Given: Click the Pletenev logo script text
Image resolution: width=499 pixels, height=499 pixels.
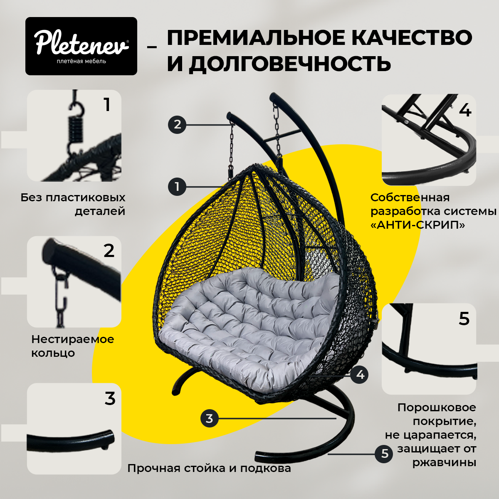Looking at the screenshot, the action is point(81,43).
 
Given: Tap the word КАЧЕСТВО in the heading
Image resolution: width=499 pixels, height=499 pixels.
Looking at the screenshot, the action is point(412,38).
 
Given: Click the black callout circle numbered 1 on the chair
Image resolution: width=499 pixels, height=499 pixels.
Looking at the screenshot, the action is point(177,186).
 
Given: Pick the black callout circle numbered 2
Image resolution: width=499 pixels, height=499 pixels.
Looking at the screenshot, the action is point(178,124).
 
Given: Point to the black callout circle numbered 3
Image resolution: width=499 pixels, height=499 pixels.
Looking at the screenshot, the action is point(209,418).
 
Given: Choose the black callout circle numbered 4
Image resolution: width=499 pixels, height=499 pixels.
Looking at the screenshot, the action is point(360,375).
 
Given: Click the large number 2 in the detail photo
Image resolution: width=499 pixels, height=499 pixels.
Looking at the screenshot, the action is point(109,251).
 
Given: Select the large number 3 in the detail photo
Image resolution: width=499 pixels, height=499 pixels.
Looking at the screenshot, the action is point(110,398).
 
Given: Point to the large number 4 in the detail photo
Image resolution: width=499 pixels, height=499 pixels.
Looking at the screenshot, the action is point(465,110).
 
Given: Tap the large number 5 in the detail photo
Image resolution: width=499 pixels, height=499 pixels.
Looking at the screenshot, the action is point(464,319).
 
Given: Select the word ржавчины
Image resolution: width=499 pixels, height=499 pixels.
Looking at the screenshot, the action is point(444,462).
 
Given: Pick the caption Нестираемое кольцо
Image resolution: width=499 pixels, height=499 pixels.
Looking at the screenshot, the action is point(72,346).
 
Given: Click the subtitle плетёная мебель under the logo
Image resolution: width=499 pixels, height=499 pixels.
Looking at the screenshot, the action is point(81,62).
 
